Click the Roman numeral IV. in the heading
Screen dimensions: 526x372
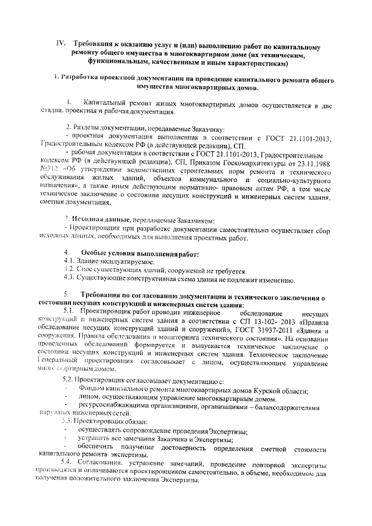coord(59,44)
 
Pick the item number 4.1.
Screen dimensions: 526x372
coord(70,262)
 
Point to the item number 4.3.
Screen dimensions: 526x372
coord(70,279)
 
